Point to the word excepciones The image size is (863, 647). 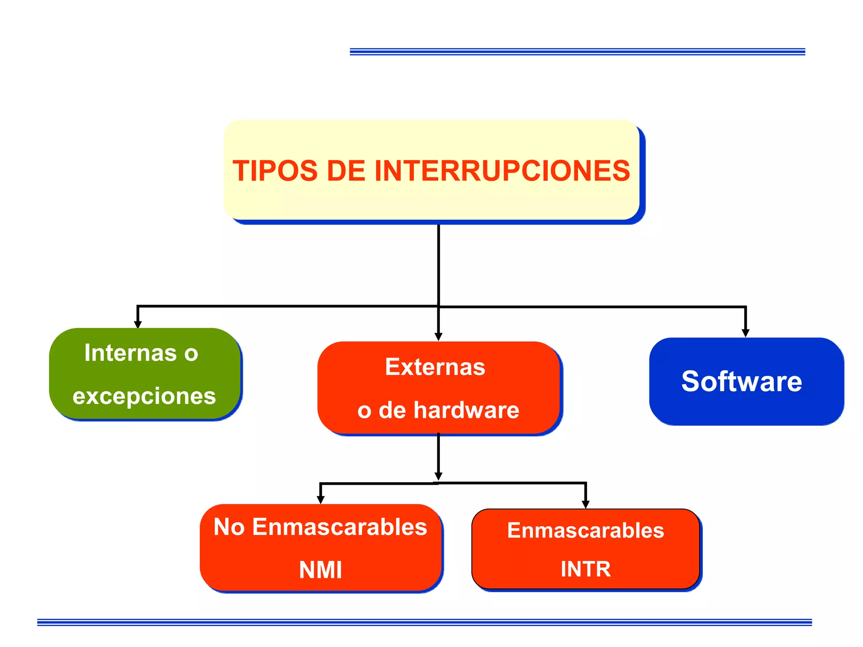(x=144, y=396)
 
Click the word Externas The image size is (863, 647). (x=435, y=366)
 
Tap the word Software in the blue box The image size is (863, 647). (x=742, y=381)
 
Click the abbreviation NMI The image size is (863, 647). (x=320, y=570)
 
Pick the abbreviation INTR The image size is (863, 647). (x=585, y=569)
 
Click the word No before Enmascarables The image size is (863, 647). (x=229, y=527)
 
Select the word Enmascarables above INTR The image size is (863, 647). (x=585, y=530)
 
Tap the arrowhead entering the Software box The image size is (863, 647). (x=745, y=333)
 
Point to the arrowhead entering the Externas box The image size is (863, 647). (x=438, y=337)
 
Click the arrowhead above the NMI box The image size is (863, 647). (x=320, y=500)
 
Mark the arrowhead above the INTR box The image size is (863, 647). (x=585, y=505)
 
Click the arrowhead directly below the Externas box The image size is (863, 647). (x=438, y=476)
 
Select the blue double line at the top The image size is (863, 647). (x=577, y=52)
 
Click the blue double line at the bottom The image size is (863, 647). (x=424, y=622)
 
